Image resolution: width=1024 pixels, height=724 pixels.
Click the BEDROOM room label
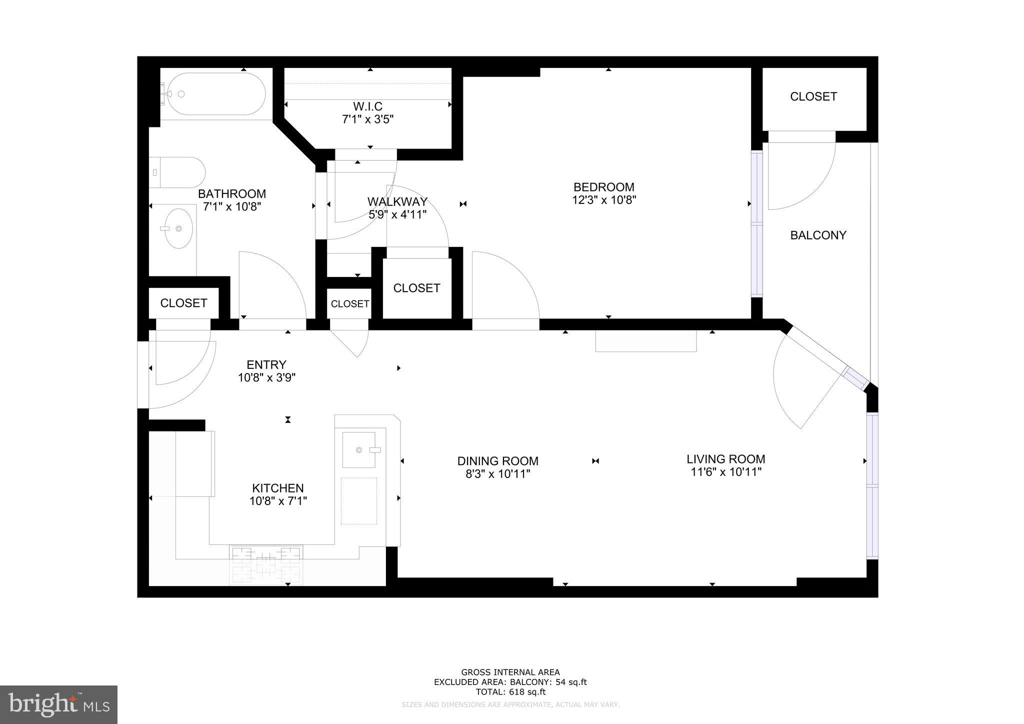(x=603, y=187)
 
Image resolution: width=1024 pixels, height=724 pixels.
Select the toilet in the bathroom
(x=177, y=172)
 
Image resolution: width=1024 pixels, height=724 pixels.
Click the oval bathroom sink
(x=178, y=228)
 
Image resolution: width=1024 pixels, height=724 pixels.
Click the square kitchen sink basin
(x=358, y=450)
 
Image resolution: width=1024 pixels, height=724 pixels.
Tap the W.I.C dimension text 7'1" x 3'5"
(x=367, y=119)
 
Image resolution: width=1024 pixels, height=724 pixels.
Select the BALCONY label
(x=818, y=235)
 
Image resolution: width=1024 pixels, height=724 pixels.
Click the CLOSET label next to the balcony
(x=813, y=96)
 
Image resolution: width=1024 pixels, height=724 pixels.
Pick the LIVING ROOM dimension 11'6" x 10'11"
(x=725, y=472)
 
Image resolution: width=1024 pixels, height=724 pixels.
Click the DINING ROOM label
(x=497, y=461)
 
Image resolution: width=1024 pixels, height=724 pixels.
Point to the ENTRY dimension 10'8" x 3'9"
(x=266, y=378)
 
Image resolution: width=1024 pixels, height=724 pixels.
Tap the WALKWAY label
(x=397, y=201)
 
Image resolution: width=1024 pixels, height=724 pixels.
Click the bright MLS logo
(x=58, y=704)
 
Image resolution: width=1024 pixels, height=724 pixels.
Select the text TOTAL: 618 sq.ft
(x=510, y=692)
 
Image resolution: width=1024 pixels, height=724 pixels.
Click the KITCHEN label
(x=277, y=488)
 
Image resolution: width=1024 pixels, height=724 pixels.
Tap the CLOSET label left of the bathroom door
(x=183, y=303)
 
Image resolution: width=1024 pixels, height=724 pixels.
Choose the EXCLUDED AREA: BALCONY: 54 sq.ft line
(x=510, y=682)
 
